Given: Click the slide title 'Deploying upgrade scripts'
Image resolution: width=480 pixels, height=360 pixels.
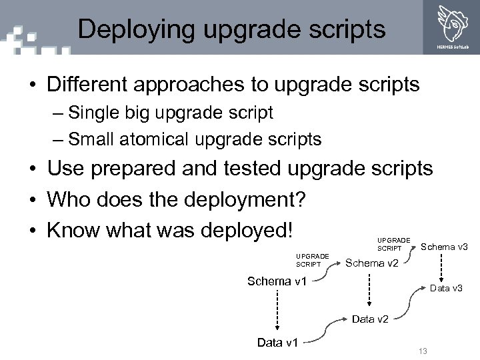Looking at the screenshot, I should [x=231, y=29].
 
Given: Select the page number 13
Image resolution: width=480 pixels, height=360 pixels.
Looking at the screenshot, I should [x=422, y=351].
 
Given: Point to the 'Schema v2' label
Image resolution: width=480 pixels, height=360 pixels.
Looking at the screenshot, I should [x=372, y=263].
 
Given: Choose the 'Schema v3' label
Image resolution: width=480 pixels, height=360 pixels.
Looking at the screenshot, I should [x=445, y=247].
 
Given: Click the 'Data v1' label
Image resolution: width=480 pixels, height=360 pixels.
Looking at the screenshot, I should [x=278, y=343].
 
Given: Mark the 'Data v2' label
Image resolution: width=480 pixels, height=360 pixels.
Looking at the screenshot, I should [x=369, y=319].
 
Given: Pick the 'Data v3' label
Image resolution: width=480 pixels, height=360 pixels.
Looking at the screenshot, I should [x=446, y=288].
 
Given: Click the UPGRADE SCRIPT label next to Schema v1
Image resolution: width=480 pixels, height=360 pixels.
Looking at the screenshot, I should [x=313, y=260].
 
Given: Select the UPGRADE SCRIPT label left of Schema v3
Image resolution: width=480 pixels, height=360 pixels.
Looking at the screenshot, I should [x=394, y=243].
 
